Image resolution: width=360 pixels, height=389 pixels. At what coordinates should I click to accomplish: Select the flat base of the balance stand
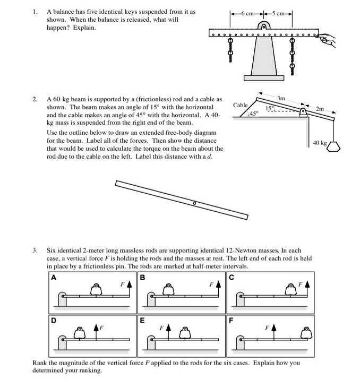[x=263, y=77]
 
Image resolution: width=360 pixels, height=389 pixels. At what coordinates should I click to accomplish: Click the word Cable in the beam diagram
[x=241, y=105]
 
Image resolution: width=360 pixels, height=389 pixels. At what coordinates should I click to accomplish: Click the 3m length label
[x=281, y=98]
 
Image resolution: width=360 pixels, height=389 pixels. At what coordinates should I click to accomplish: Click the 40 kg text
[x=320, y=143]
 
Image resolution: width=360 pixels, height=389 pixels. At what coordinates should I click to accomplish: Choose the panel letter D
[x=53, y=320]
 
